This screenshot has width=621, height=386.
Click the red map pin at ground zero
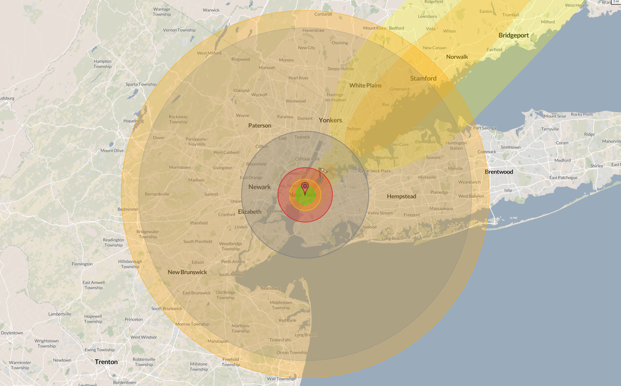(x=305, y=188)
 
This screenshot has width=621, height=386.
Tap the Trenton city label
(x=106, y=362)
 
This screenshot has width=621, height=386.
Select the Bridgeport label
(x=513, y=35)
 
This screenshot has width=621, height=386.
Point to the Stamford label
(x=423, y=78)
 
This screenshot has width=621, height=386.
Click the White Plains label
(x=365, y=85)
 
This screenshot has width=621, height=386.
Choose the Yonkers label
(x=330, y=120)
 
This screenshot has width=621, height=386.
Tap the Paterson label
(x=259, y=125)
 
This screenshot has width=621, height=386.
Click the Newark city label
(x=259, y=187)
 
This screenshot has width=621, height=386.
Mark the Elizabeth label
(x=249, y=212)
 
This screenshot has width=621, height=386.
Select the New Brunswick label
(x=187, y=272)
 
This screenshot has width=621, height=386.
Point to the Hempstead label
(x=401, y=196)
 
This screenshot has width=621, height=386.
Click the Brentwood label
(x=499, y=172)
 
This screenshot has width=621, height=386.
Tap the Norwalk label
(x=457, y=57)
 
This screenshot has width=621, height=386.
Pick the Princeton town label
(x=134, y=319)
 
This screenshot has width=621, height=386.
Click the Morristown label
(x=180, y=167)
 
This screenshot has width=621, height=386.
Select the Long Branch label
(x=306, y=335)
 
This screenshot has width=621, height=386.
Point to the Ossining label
(x=339, y=43)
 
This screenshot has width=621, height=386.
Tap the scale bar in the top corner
(x=616, y=2)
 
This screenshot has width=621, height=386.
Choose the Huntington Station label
(x=456, y=145)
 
